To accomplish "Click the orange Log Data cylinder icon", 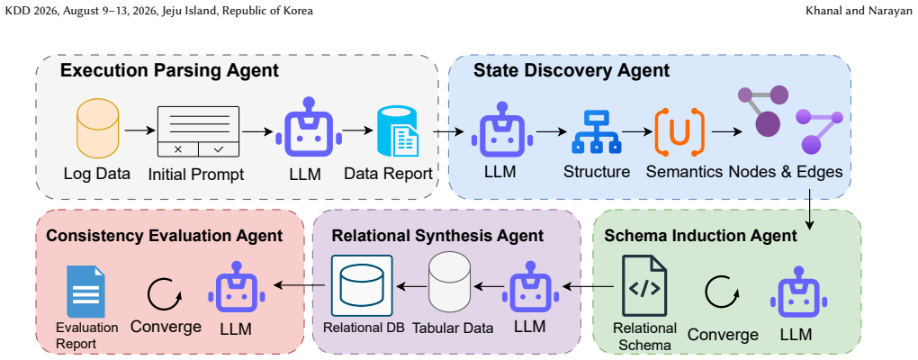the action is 98,129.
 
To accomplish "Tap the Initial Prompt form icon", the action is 199,131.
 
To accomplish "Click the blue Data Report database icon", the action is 398,131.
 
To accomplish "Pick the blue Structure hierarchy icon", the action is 596,131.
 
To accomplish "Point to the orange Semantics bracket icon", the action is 679,132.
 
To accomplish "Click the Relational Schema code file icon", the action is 644,286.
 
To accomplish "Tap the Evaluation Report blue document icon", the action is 85,292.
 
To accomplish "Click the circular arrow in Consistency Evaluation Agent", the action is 165,294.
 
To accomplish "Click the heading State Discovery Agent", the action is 571,71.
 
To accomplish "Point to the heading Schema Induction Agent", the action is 701,236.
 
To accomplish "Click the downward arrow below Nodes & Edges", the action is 810,209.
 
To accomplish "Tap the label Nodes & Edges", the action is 786,172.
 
